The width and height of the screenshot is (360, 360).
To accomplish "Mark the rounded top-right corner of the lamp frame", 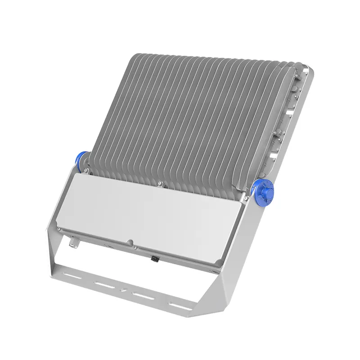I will pyautogui.click(x=309, y=71).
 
